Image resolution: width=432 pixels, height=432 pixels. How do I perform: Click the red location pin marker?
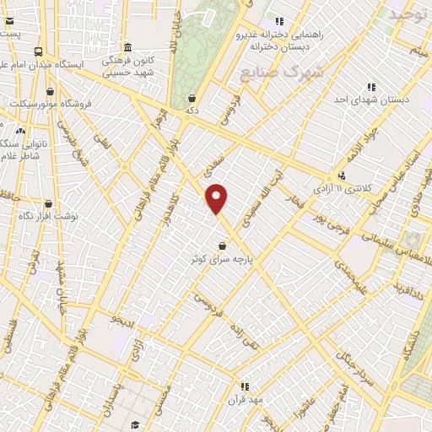pyautogui.click(x=217, y=198)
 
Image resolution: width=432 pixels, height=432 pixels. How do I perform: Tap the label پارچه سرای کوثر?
pyautogui.click(x=222, y=261)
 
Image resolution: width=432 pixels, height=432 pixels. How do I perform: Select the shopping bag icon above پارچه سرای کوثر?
pyautogui.click(x=222, y=246)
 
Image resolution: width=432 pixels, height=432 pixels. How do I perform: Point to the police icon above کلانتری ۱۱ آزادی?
pyautogui.click(x=341, y=175)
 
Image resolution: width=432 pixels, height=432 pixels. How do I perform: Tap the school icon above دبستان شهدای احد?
pyautogui.click(x=371, y=86)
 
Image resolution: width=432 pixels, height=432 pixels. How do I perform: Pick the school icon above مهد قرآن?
pyautogui.click(x=245, y=386)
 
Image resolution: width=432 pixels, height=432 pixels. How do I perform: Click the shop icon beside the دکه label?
pyautogui.click(x=193, y=98)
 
